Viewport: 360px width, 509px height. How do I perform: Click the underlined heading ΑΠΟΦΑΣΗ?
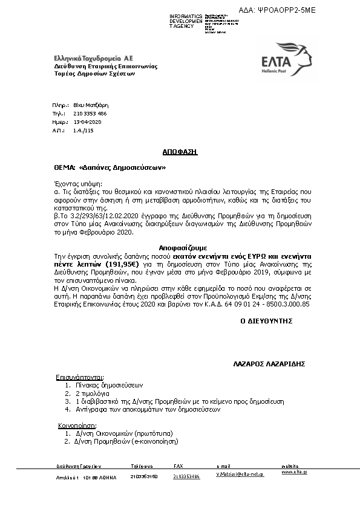(180, 151)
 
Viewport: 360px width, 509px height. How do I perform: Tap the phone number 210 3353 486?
(90, 113)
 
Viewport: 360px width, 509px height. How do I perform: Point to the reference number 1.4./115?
(83, 130)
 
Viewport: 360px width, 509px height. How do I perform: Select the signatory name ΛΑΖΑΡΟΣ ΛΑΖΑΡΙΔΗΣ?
(268, 365)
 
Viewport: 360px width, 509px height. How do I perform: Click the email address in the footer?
(240, 476)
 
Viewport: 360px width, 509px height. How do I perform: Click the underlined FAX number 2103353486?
(186, 476)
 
